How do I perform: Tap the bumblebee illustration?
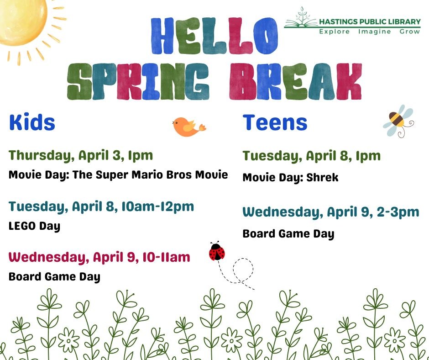(398, 121)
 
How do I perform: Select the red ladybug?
(217, 251)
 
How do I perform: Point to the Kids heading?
(32, 122)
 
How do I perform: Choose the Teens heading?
(275, 122)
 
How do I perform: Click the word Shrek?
(322, 177)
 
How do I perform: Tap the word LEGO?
(22, 226)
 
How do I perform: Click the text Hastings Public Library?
(370, 21)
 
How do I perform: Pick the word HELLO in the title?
(215, 36)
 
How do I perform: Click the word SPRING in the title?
(138, 81)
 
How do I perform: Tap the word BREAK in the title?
(295, 81)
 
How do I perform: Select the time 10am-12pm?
(157, 206)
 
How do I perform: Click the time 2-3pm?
(398, 212)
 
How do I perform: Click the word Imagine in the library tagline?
(374, 32)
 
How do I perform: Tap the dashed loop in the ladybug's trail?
(243, 270)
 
